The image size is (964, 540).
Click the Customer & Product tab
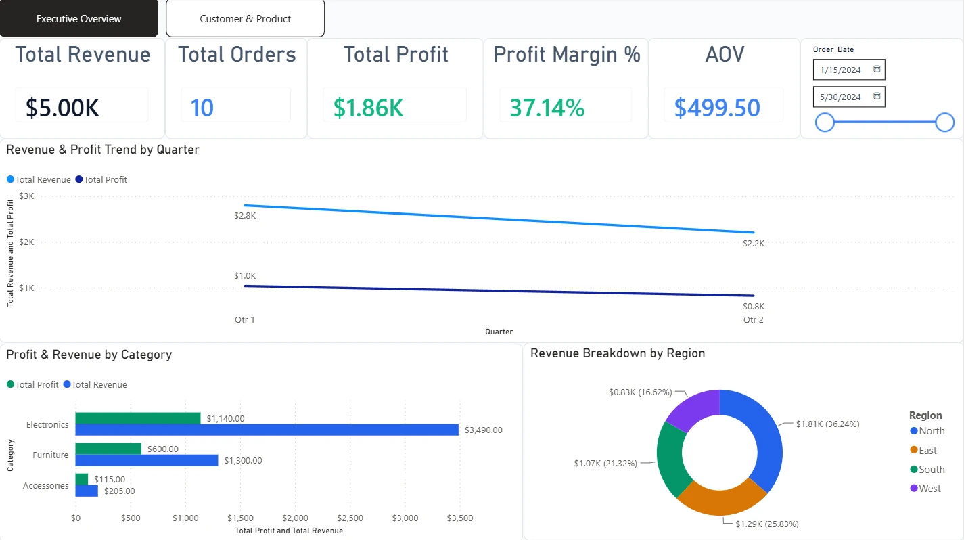tap(245, 18)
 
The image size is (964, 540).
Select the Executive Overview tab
tap(78, 18)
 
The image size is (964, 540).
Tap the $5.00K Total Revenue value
tap(62, 108)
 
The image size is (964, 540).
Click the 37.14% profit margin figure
tap(547, 108)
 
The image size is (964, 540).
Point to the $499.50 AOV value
tap(717, 108)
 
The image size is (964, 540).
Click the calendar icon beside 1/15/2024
tap(877, 69)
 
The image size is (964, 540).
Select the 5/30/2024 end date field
tap(849, 97)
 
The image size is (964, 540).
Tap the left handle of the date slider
tap(825, 122)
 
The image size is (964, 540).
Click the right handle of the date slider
tap(944, 122)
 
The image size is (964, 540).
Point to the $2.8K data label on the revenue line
tap(245, 215)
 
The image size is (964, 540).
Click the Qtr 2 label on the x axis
tap(753, 319)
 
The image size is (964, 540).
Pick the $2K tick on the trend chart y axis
tap(26, 242)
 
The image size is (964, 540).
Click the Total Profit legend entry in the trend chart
tap(101, 179)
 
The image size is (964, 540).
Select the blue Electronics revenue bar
tap(267, 430)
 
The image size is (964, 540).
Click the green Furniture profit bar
tap(108, 449)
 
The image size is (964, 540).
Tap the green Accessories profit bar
tap(81, 479)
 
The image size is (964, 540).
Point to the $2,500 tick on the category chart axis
tap(350, 518)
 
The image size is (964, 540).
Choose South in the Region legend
tap(927, 470)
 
